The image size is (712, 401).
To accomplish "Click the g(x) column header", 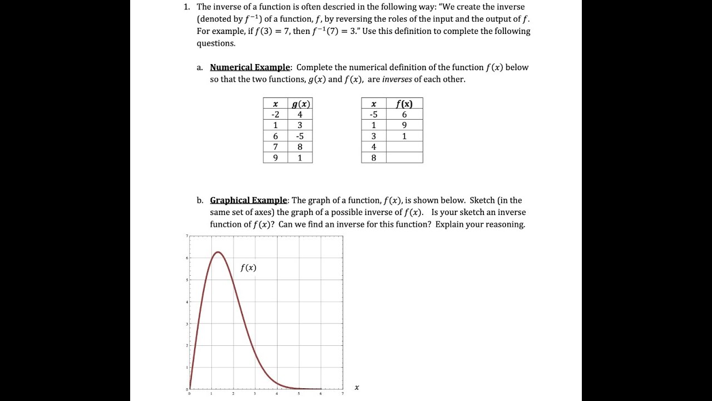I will point(300,104).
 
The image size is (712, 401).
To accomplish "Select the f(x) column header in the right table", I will point(404,104).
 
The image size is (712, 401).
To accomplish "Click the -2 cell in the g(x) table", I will point(275,114).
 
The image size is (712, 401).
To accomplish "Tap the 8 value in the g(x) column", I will point(300,147).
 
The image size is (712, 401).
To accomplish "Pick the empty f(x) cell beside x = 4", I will point(404,147).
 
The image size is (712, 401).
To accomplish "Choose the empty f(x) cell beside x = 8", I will point(404,158).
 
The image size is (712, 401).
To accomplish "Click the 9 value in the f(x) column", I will point(404,125).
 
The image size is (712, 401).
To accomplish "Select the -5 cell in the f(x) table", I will point(374,114).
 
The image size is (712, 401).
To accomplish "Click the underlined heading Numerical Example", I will point(250,67).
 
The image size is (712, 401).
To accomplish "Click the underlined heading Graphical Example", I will point(249,200).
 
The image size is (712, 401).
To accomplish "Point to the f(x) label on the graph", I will point(248,268).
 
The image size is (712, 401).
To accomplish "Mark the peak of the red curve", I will point(218,252).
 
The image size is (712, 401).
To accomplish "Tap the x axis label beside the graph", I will point(357,388).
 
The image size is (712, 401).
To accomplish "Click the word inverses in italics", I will point(397,79).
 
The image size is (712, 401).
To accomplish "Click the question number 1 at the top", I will point(186,7).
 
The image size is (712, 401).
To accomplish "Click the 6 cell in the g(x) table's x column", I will point(275,136).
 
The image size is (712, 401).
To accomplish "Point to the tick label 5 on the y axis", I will point(187,280).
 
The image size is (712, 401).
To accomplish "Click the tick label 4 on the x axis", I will point(276,394).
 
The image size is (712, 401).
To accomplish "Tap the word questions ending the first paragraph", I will point(216,43).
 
